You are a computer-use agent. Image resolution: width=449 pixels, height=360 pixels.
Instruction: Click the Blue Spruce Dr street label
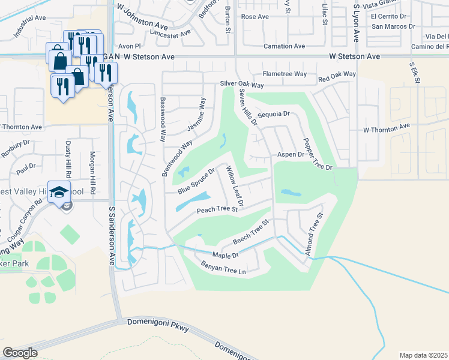point(196,181)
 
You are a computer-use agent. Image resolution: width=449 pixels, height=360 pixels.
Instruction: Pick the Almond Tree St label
point(315,234)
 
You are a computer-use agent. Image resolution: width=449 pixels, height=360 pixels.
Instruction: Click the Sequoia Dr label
point(273,113)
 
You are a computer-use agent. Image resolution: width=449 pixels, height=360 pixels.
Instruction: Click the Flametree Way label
point(285,74)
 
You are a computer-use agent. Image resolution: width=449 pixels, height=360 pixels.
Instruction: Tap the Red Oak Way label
point(337,76)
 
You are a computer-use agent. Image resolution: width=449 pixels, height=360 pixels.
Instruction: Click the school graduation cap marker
point(59,192)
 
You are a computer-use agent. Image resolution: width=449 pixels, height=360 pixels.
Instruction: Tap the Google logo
point(20,353)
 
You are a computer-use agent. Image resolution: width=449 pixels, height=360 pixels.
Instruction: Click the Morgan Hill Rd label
point(93,172)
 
